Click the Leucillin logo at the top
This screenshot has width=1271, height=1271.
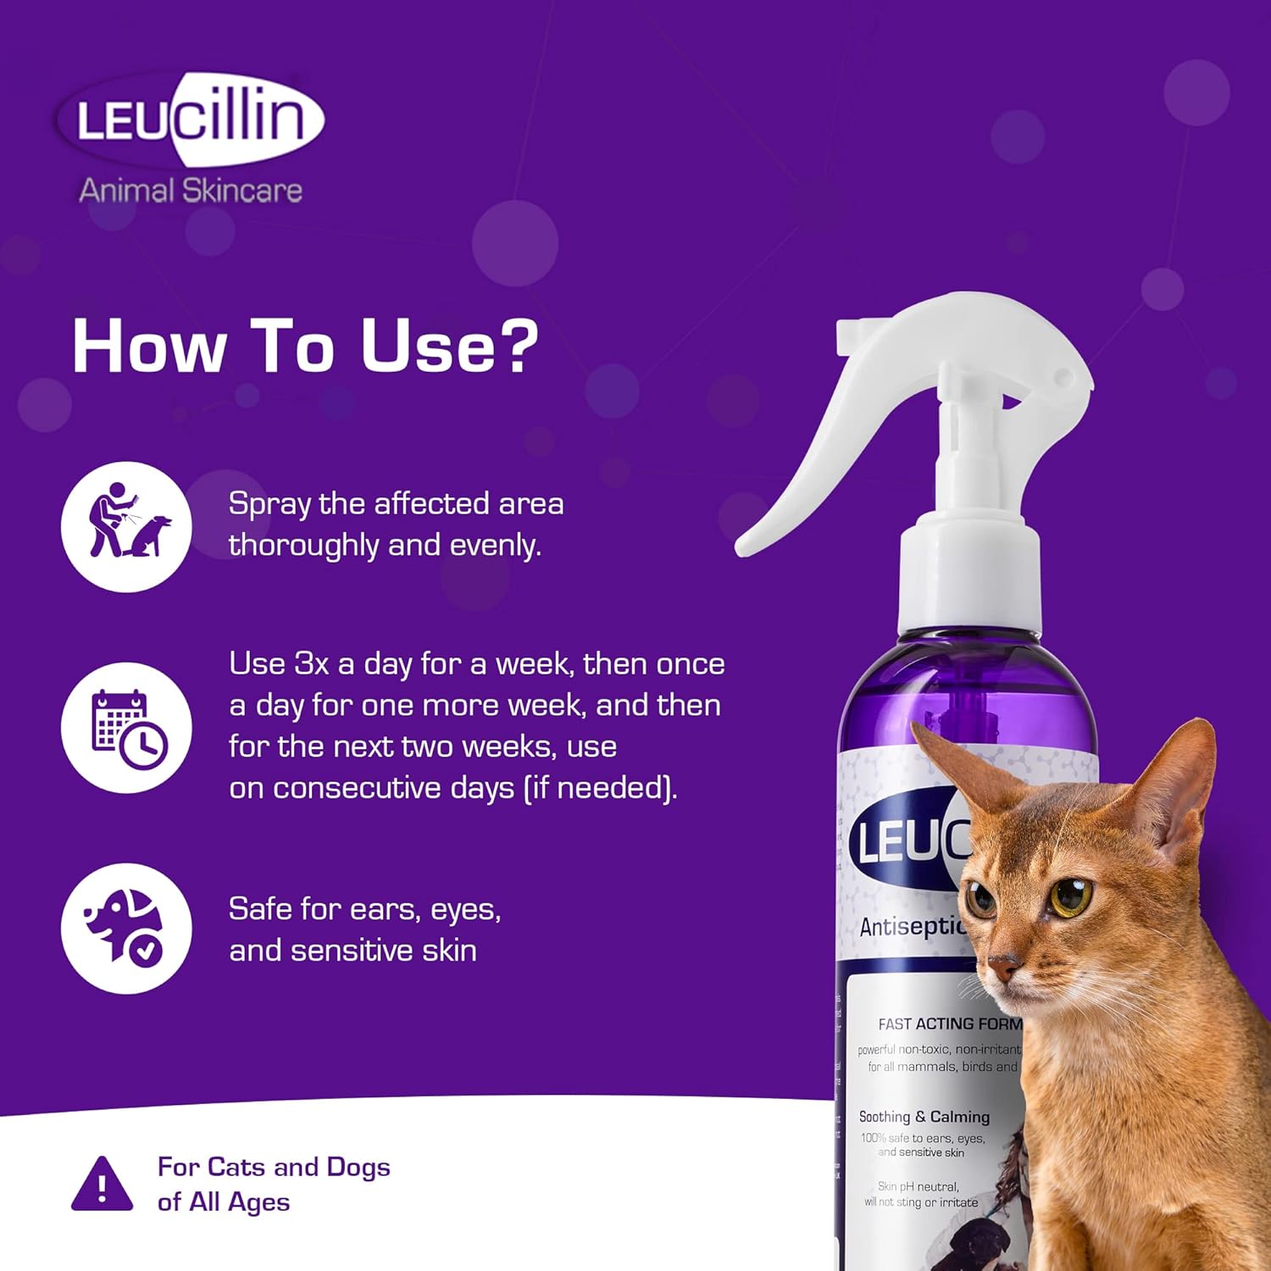(190, 119)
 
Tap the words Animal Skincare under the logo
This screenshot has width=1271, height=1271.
(191, 190)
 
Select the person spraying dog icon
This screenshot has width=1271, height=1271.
(126, 526)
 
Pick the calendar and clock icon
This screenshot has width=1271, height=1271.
(126, 728)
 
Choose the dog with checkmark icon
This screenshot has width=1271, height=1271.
(126, 929)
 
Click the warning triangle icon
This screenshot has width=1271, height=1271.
(102, 1185)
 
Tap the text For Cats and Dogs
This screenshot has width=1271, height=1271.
(273, 1167)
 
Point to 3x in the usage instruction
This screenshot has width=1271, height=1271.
(312, 663)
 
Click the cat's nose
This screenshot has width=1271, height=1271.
(1006, 967)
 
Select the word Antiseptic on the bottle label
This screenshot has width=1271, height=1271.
(912, 927)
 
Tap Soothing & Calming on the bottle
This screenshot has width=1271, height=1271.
(924, 1117)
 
